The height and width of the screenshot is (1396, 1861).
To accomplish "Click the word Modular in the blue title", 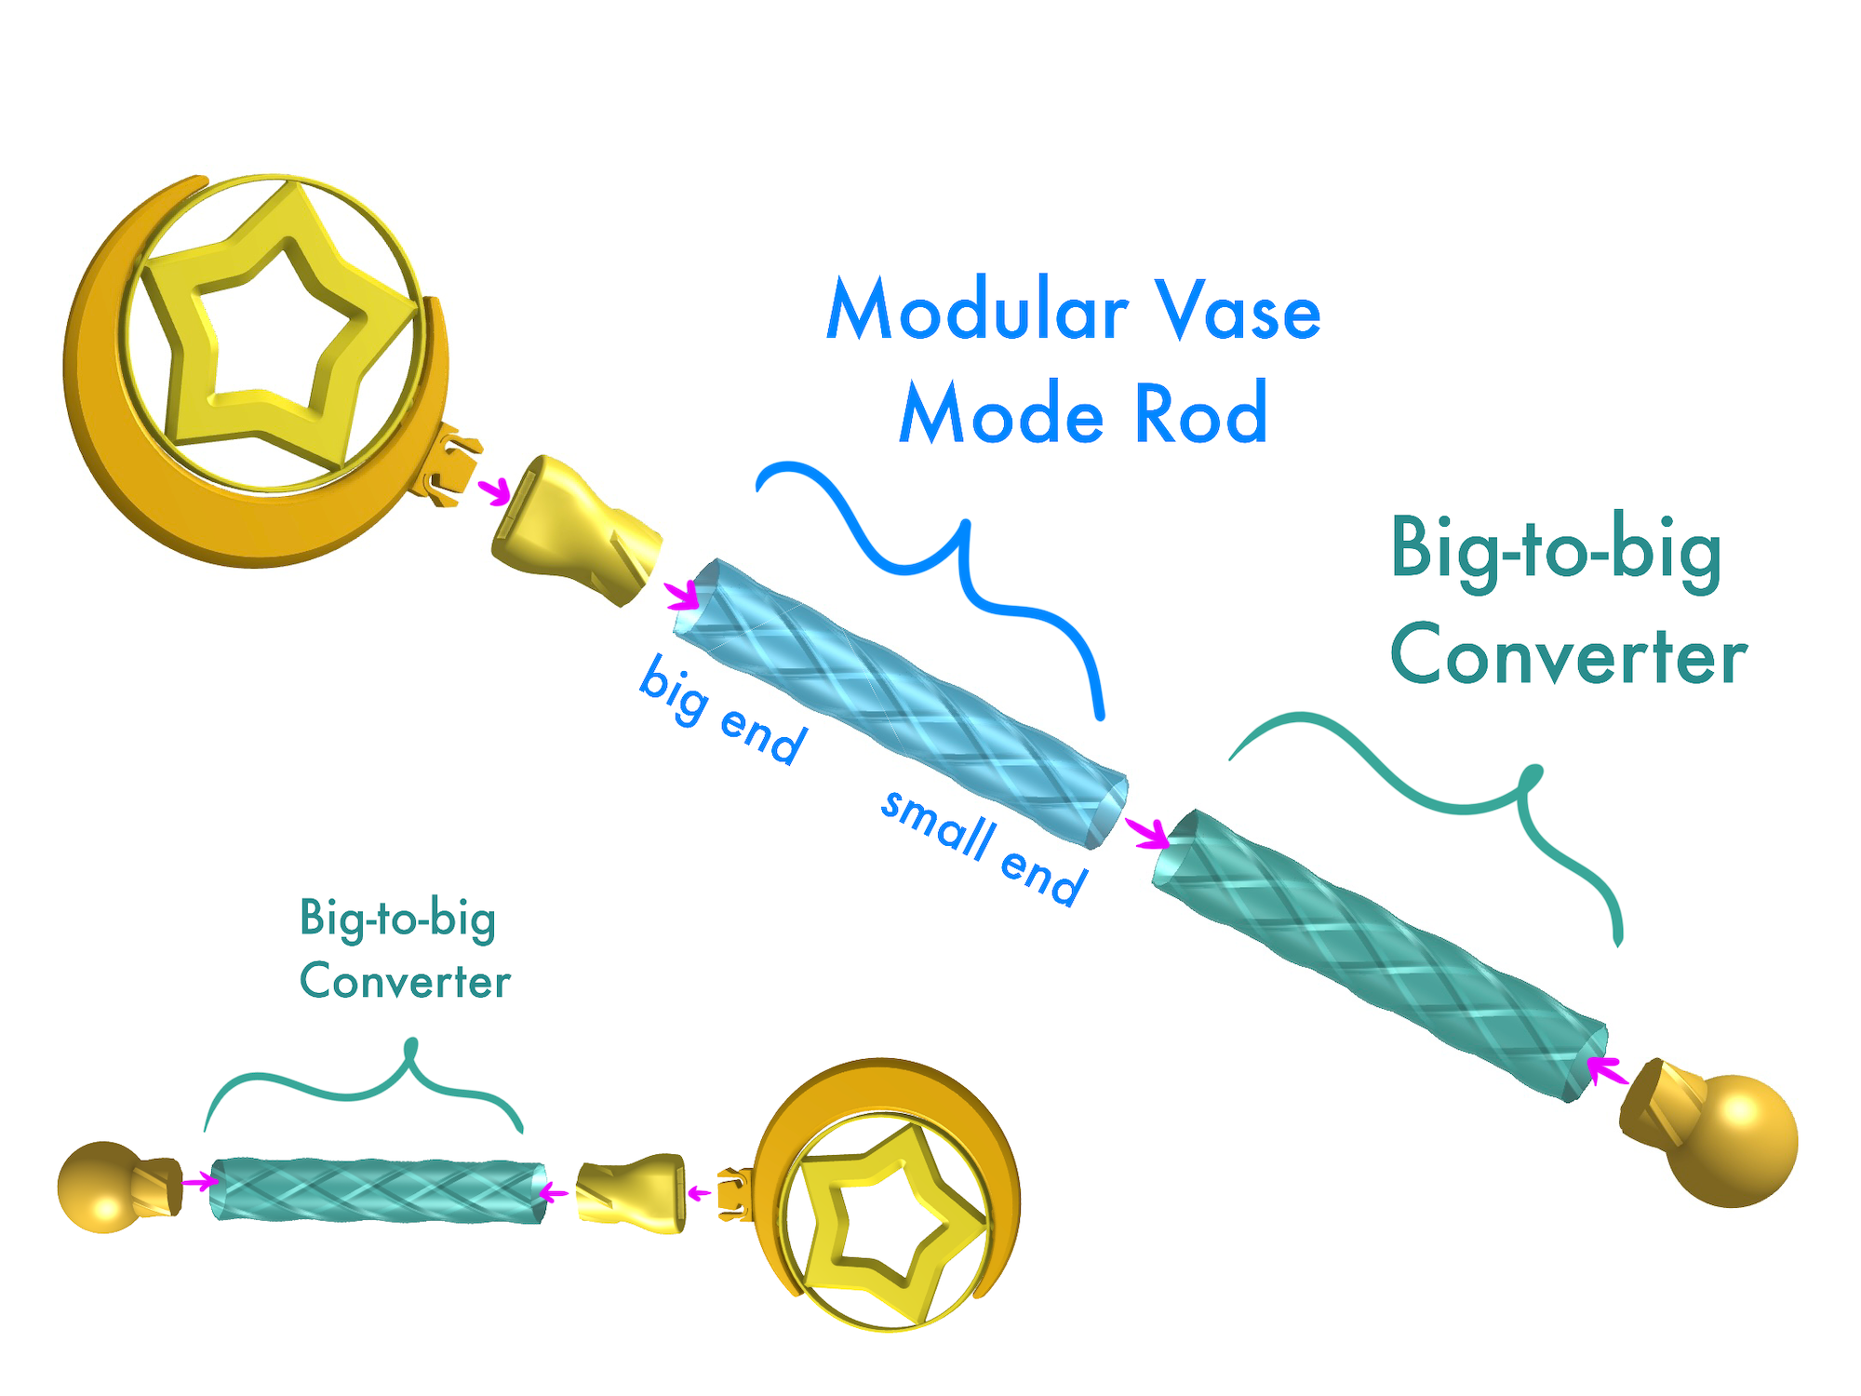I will pos(977,311).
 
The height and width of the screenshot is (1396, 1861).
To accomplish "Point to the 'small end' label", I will pos(982,847).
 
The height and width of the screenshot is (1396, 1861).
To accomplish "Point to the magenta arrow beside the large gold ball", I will pos(1607,1069).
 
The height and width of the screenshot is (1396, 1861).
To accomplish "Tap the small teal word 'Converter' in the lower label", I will pos(405,982).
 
